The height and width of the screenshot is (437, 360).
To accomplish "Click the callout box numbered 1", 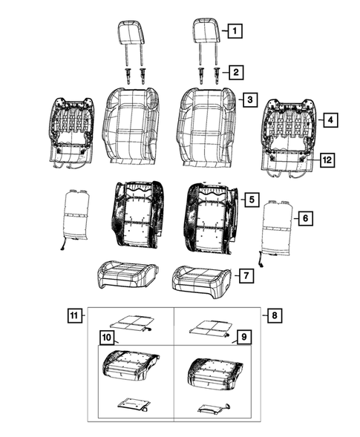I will (x=234, y=31).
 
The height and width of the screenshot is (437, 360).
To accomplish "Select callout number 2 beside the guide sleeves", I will (x=234, y=72).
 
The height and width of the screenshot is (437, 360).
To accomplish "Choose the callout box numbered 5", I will (x=250, y=200).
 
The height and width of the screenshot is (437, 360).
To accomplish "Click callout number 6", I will (x=303, y=217).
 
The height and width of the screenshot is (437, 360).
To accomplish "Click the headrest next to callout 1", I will (x=206, y=33).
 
